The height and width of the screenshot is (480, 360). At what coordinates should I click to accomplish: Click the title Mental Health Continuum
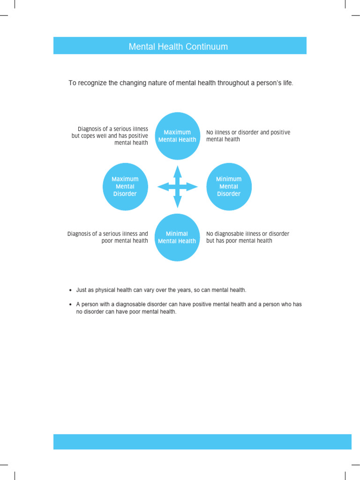[178, 46]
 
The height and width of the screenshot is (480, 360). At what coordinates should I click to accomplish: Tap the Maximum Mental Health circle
[177, 136]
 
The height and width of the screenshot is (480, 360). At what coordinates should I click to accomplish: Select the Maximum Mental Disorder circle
[125, 187]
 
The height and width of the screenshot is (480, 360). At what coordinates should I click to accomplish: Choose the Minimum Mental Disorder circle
[229, 187]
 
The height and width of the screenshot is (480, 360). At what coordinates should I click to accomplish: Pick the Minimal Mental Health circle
[177, 237]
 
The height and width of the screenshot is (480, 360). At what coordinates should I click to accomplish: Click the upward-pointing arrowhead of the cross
[177, 171]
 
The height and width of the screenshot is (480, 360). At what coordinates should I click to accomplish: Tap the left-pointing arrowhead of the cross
[162, 187]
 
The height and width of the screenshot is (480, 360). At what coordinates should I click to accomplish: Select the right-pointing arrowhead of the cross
[193, 187]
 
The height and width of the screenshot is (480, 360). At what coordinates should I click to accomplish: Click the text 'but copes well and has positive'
[110, 136]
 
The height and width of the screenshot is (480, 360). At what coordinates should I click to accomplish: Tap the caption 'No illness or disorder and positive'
[248, 132]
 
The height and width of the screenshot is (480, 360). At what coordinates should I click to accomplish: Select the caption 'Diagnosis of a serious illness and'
[108, 233]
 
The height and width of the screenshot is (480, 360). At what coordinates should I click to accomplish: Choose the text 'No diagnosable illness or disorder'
[247, 233]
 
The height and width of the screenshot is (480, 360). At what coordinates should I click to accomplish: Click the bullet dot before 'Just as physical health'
[70, 291]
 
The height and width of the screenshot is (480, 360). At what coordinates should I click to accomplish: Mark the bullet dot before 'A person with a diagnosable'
[70, 305]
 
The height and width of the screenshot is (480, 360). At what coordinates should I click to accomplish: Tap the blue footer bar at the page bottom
[202, 442]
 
